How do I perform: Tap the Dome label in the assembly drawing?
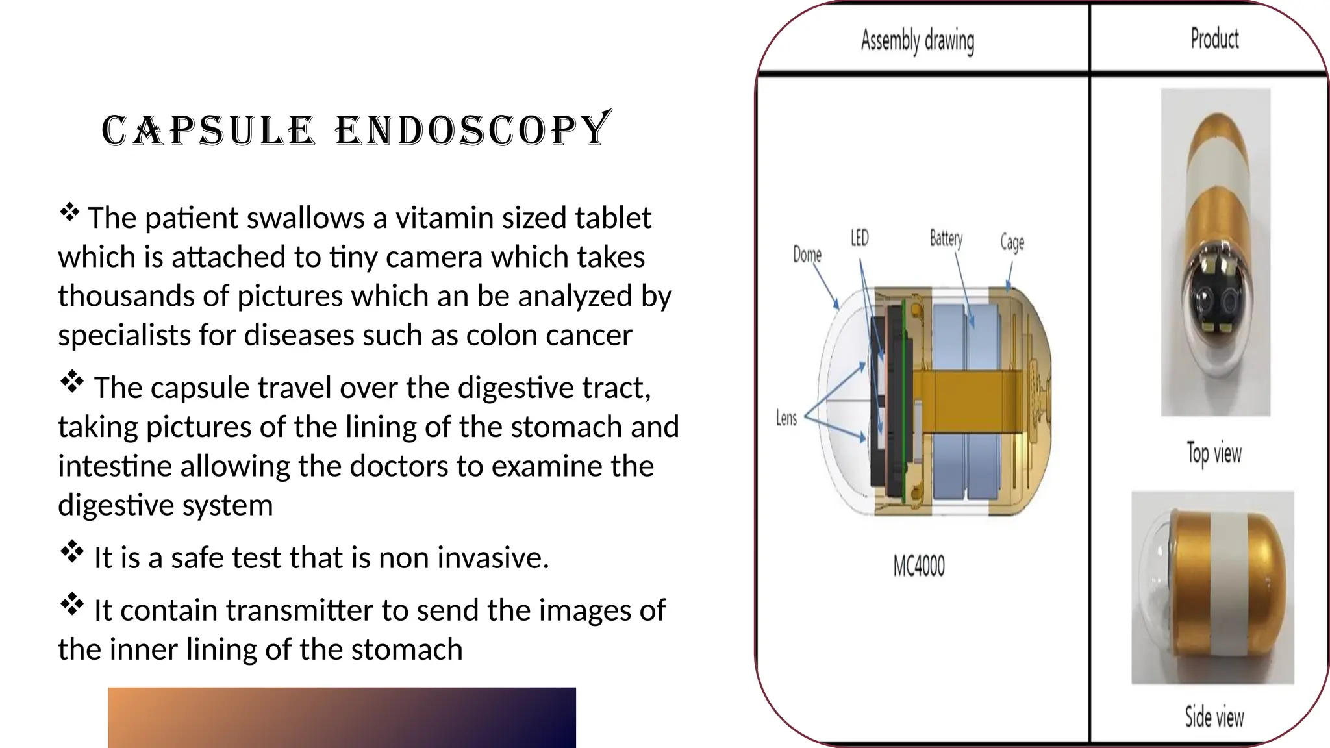click(807, 255)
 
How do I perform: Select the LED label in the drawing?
click(859, 238)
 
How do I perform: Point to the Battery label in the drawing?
click(946, 238)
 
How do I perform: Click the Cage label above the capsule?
click(1012, 242)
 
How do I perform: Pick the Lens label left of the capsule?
click(786, 418)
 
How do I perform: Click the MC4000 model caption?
click(919, 566)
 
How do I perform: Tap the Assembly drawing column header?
click(917, 40)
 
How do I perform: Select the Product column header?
click(1214, 39)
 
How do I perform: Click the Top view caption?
click(1214, 453)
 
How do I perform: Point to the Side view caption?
click(1214, 717)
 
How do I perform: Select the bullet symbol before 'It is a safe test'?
click(71, 553)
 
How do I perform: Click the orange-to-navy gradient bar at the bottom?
click(342, 717)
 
